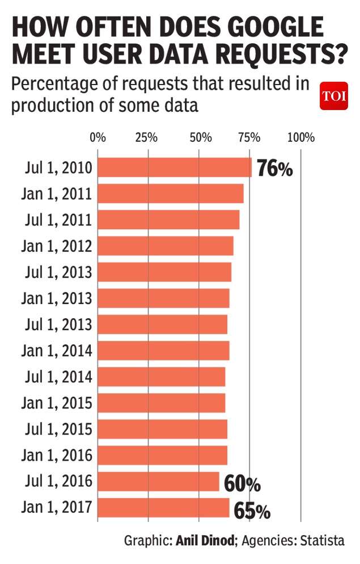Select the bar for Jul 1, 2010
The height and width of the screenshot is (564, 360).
175,167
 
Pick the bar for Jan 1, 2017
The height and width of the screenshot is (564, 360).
163,508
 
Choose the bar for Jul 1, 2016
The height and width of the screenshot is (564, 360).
158,482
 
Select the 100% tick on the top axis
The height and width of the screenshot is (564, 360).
300,137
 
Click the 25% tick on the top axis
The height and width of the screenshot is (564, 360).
146,137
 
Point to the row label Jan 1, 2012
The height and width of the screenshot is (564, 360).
57,246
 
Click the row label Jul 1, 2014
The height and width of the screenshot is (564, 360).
58,377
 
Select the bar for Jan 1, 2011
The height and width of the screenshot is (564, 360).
171,193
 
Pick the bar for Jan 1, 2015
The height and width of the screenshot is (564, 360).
162,403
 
